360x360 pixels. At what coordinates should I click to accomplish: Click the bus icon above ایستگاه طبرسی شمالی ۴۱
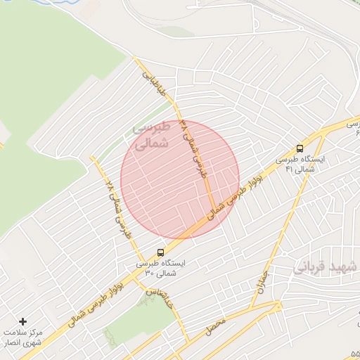(300, 148)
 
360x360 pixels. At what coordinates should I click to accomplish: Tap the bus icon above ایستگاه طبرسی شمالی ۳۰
(161, 252)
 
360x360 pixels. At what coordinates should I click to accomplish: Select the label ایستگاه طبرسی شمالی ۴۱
(304, 164)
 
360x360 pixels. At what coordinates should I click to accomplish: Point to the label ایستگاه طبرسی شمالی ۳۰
(163, 267)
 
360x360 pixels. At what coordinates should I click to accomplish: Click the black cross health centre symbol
(23, 321)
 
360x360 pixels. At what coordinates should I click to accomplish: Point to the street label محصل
(215, 326)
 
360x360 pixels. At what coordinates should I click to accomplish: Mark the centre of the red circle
(180, 180)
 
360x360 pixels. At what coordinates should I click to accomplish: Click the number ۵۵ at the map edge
(354, 355)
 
